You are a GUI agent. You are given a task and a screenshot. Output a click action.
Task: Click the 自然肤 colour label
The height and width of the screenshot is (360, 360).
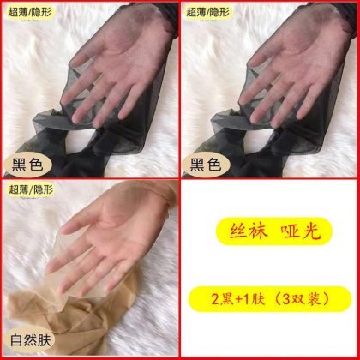[x=31, y=340]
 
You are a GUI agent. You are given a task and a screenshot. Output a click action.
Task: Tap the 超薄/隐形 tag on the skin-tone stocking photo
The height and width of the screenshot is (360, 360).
[x=31, y=189]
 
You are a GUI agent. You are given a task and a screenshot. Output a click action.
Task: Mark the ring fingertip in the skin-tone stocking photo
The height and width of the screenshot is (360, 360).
[x=83, y=292]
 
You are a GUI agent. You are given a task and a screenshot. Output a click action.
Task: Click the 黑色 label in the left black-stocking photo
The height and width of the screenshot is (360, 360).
[x=27, y=165]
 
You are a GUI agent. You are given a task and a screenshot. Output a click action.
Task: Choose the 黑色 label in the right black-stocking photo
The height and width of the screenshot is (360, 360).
[x=206, y=165]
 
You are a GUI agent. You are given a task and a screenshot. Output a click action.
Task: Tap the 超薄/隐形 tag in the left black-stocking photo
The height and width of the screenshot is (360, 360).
[x=31, y=12]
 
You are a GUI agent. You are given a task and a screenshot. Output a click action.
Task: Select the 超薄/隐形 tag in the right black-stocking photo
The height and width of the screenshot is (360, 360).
[x=209, y=12]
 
